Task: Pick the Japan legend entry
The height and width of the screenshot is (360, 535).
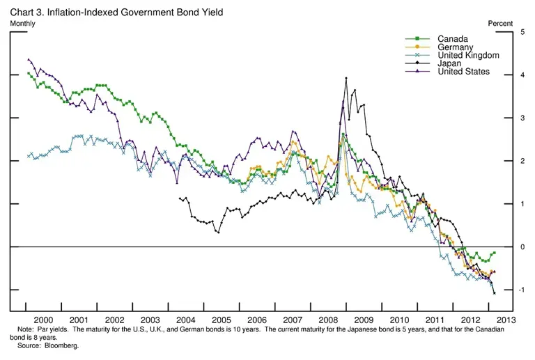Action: pos(450,63)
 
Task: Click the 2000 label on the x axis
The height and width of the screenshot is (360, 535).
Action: pos(45,320)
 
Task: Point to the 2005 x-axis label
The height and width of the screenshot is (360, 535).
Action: pos(221,320)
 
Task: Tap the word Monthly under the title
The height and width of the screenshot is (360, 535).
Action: pos(23,23)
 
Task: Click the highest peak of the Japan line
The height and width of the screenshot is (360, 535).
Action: pos(346,79)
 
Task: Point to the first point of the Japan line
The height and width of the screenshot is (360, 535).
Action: pos(181,198)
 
